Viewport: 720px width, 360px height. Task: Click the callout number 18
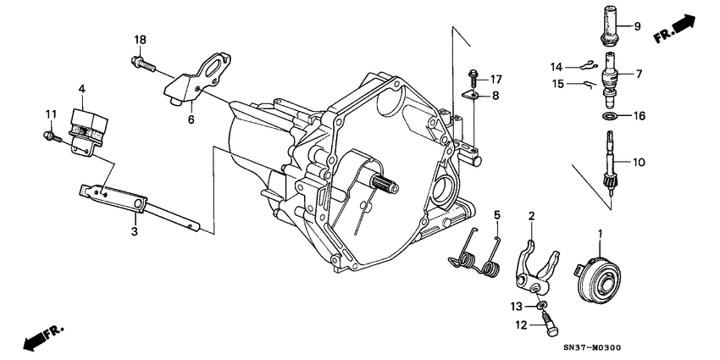click(x=140, y=40)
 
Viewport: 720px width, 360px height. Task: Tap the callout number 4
click(x=82, y=88)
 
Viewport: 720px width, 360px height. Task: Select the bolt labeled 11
click(x=47, y=134)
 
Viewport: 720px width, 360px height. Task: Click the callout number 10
click(x=638, y=160)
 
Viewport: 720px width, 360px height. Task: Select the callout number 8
click(x=496, y=96)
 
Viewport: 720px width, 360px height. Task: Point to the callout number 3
click(x=134, y=230)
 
